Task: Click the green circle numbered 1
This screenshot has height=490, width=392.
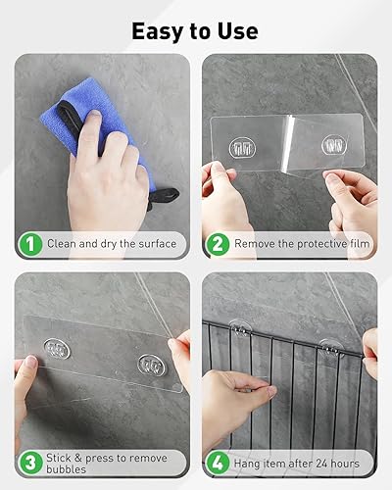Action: click(x=30, y=244)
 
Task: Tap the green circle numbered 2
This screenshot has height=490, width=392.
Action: click(x=218, y=244)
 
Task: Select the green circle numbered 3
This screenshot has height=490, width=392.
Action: click(x=30, y=464)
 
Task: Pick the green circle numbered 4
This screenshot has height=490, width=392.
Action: click(x=218, y=464)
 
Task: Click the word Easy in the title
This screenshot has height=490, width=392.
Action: click(x=158, y=31)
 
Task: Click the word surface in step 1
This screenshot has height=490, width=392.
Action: click(x=158, y=244)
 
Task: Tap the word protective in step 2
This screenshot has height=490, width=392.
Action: click(x=318, y=244)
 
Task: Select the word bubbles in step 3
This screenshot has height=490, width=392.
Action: click(x=66, y=469)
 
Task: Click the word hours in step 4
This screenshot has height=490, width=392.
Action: click(x=345, y=464)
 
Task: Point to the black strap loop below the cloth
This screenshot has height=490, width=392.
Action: click(x=163, y=197)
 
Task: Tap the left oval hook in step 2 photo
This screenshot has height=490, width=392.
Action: click(x=242, y=148)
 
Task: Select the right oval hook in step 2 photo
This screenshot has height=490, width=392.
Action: click(x=334, y=145)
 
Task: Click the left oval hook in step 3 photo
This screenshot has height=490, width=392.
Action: click(x=57, y=349)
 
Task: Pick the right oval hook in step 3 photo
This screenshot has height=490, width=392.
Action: click(x=152, y=365)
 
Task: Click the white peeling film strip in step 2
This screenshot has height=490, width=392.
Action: click(x=287, y=144)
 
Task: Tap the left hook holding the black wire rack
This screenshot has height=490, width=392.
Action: click(x=240, y=328)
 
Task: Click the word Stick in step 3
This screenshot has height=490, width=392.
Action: click(x=59, y=458)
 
